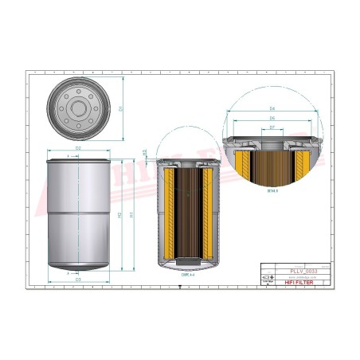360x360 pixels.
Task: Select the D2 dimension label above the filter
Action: [78, 149]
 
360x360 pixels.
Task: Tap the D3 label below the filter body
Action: [78, 280]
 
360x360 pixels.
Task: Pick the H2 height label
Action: [119, 216]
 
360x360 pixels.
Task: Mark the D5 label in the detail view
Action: [272, 117]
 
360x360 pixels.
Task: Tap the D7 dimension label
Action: [272, 127]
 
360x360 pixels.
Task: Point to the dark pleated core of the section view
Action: [185, 215]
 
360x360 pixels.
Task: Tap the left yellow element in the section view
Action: [164, 215]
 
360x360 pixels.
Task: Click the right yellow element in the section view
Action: [206, 215]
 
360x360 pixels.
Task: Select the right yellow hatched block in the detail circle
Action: [302, 166]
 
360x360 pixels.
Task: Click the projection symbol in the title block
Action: [268, 278]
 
